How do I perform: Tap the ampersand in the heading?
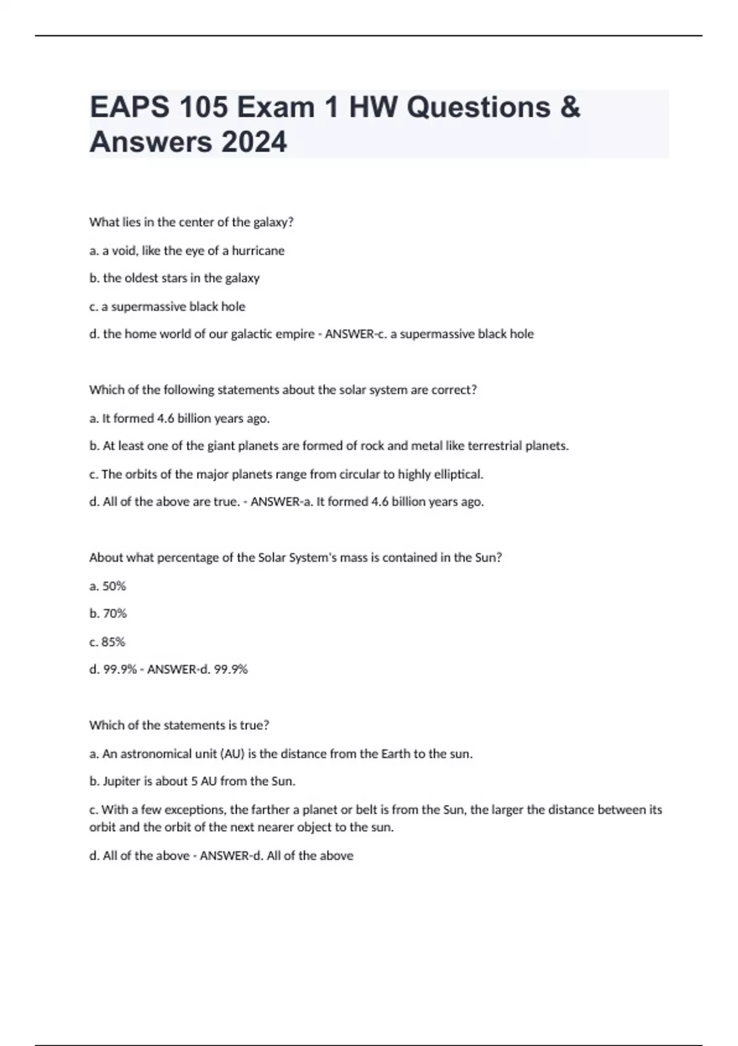(x=570, y=107)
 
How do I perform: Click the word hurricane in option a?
(x=258, y=250)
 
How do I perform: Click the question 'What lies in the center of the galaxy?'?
(x=191, y=222)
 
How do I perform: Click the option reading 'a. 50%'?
(x=108, y=586)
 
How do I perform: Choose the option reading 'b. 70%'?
(x=108, y=613)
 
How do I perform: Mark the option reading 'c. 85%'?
(x=108, y=642)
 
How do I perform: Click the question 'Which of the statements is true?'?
(x=179, y=725)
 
